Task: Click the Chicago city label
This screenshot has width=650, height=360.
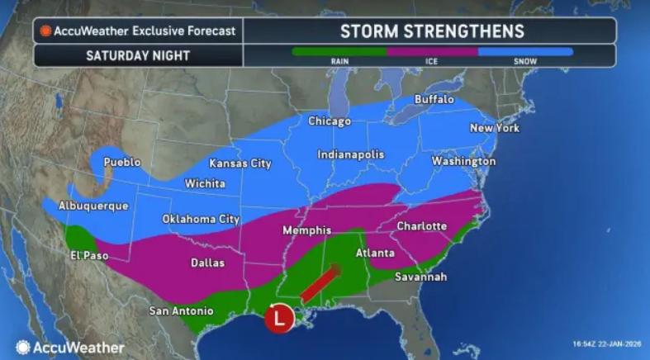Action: pos(329,121)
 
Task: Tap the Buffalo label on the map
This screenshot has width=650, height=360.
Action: pos(434,99)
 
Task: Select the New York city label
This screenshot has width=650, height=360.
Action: pos(493,128)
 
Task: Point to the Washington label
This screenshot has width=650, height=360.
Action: pos(463,161)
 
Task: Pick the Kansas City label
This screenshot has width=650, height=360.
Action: pos(240,163)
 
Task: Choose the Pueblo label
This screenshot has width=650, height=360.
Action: pos(122,162)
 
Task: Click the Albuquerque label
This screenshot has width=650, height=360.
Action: pos(93,206)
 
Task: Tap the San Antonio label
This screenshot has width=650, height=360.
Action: pos(181,311)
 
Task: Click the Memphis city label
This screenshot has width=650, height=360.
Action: pos(306,230)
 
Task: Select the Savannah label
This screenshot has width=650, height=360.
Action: pos(420,277)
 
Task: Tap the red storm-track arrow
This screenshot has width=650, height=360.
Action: pos(319,285)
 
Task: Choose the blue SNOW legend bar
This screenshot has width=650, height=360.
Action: pos(525,51)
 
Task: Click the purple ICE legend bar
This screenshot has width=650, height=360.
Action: pos(432,51)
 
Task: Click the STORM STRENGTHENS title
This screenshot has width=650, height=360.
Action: pos(432,31)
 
